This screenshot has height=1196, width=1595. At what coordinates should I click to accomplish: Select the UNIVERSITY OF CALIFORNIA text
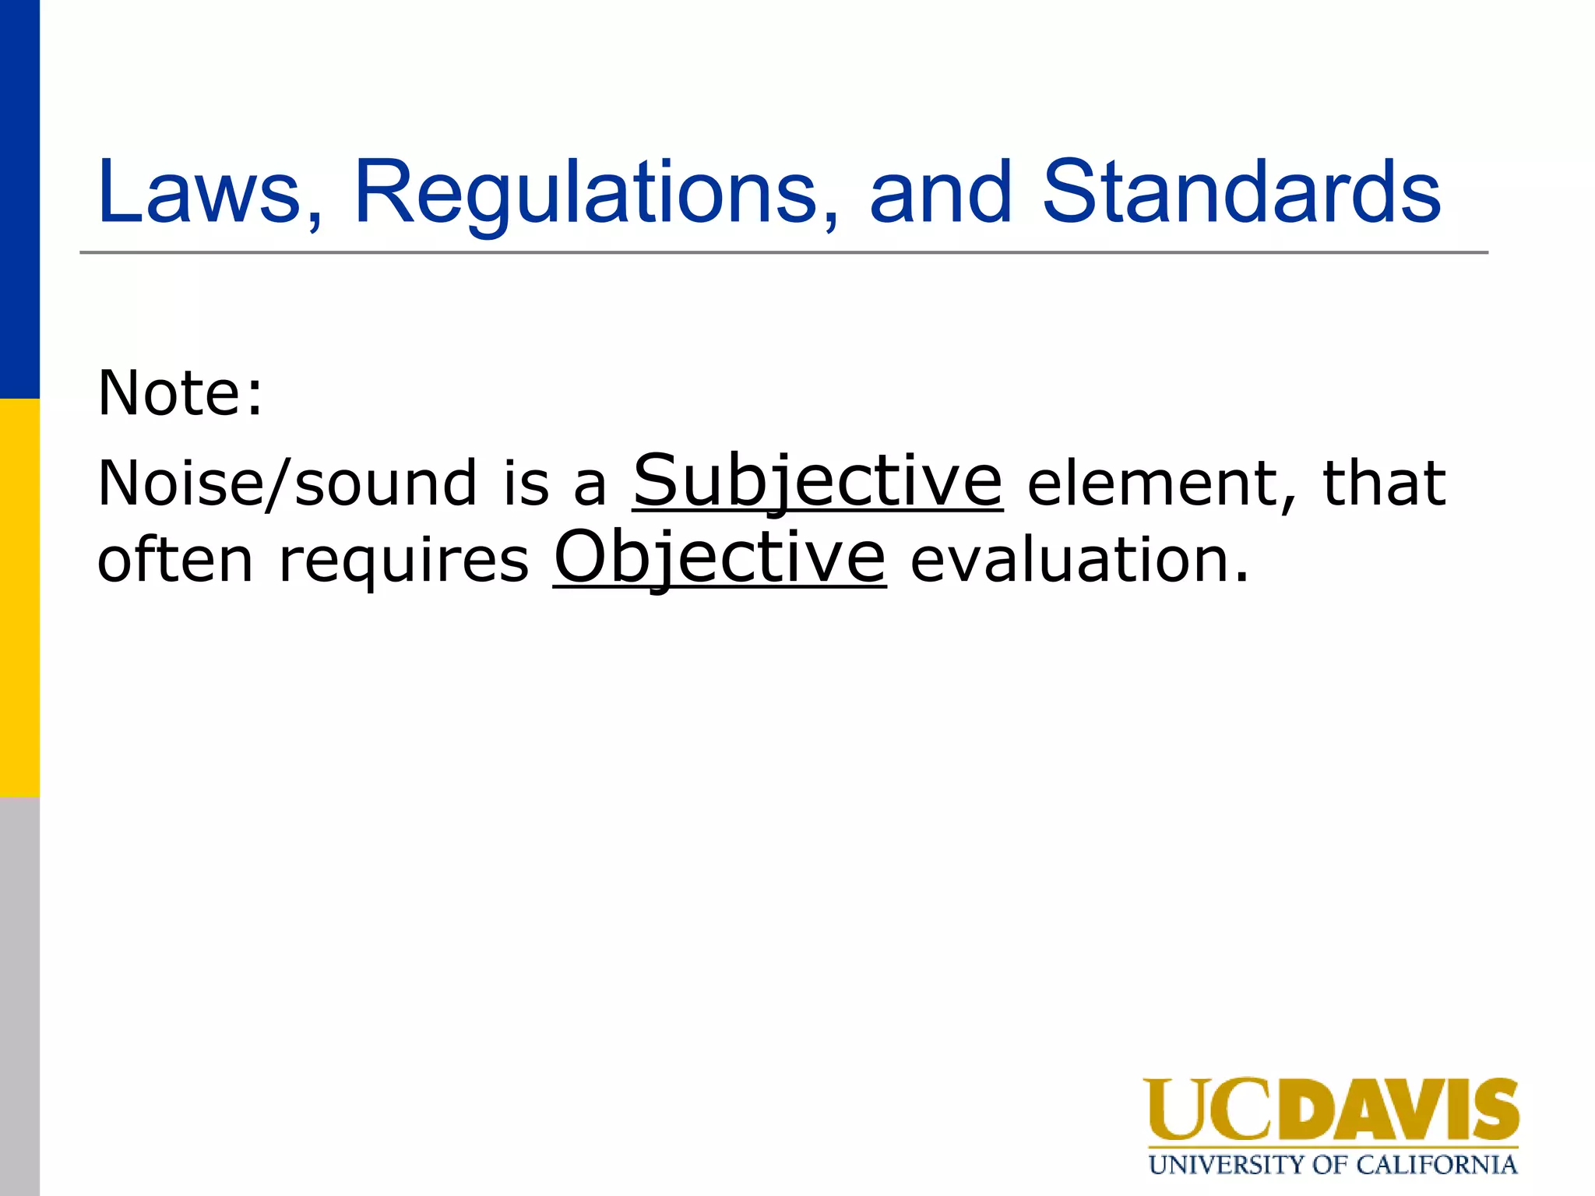tap(1333, 1165)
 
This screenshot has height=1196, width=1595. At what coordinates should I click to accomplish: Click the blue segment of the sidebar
tap(19, 199)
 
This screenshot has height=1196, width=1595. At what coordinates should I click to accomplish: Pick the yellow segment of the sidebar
tap(19, 598)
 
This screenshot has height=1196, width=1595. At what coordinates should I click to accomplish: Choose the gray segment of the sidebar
tap(19, 997)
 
